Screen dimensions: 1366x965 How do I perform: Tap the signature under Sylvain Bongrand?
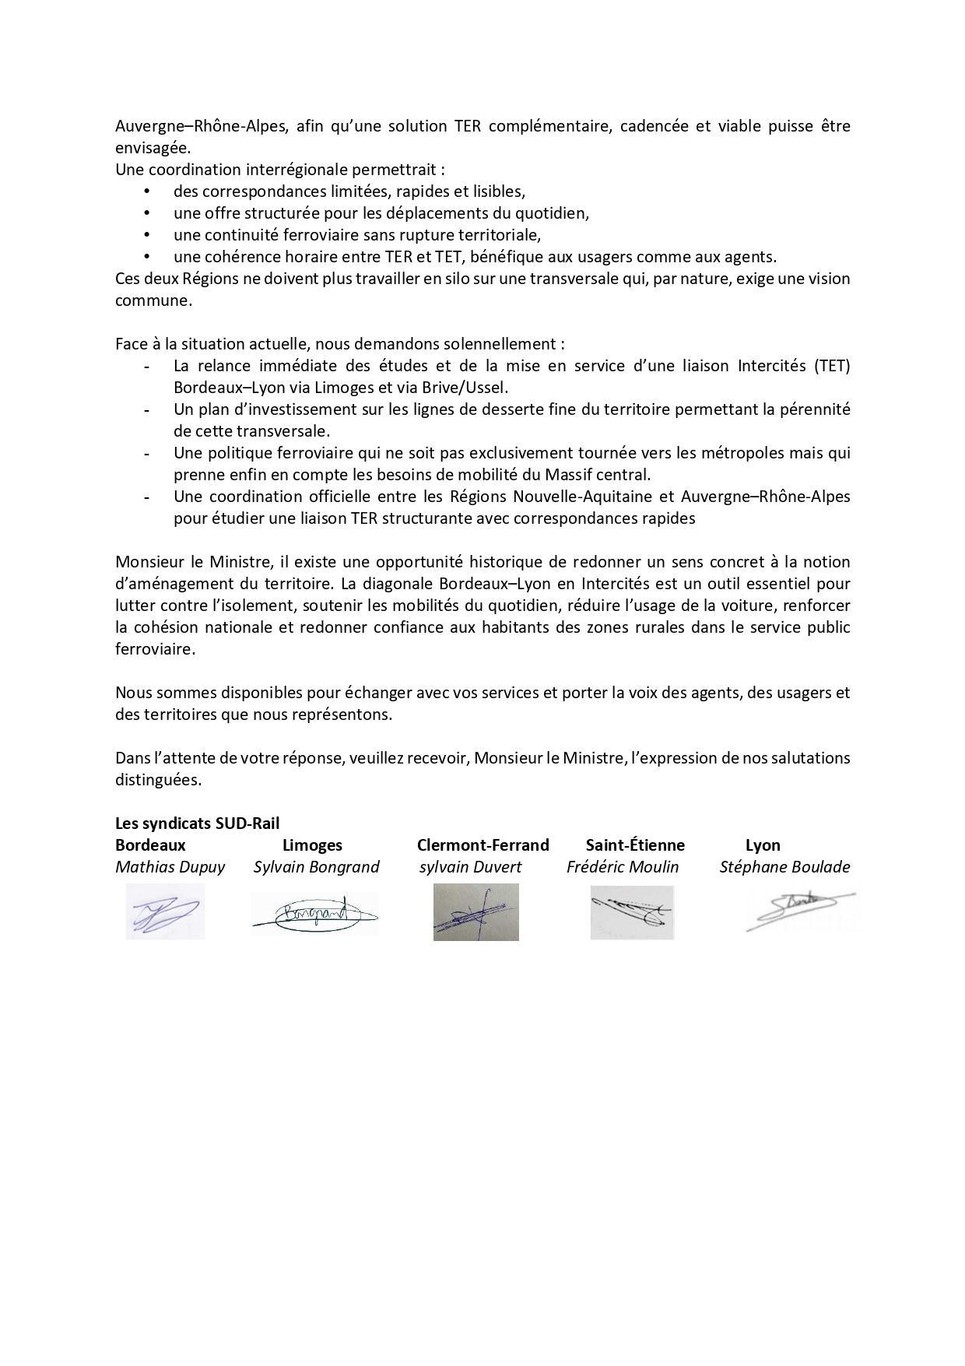coord(314,912)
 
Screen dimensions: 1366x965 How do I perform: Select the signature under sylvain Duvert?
coord(475,912)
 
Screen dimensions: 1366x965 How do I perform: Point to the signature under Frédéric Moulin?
coord(631,912)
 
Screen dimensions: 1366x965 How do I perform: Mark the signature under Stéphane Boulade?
coord(800,910)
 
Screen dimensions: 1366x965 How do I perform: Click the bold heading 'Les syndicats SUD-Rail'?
coord(197,823)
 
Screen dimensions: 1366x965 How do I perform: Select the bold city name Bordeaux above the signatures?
coord(150,845)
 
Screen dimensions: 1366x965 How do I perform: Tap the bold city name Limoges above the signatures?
coord(312,845)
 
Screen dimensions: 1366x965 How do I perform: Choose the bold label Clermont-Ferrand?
coord(482,845)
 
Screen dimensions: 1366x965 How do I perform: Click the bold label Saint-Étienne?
coord(635,845)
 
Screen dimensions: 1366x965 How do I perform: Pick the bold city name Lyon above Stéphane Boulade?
coord(763,845)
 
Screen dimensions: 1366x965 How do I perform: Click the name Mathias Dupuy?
coord(170,867)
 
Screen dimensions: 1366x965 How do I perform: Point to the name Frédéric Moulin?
coord(623,867)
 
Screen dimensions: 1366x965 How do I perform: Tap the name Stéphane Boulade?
coord(784,867)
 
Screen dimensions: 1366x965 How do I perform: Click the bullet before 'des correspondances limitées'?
coord(146,191)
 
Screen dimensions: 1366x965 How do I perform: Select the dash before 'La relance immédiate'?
coord(146,366)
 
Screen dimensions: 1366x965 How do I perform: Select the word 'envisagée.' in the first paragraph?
coord(153,148)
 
